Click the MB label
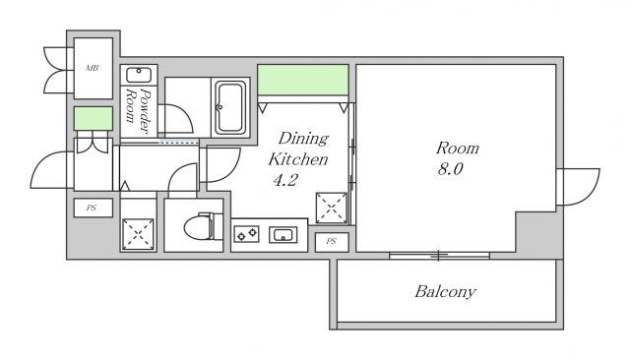92,68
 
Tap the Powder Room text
138,106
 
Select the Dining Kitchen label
298,149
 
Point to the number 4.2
285,180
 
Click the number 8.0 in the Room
450,169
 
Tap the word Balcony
445,292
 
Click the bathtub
230,107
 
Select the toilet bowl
204,226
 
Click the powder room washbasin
139,75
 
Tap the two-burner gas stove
246,233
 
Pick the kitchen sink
283,234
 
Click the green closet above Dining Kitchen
302,80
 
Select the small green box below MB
94,118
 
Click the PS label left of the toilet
92,208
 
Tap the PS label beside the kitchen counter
331,241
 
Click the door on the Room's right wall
578,187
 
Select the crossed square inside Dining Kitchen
332,208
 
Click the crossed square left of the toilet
138,234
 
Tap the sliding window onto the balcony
439,256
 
